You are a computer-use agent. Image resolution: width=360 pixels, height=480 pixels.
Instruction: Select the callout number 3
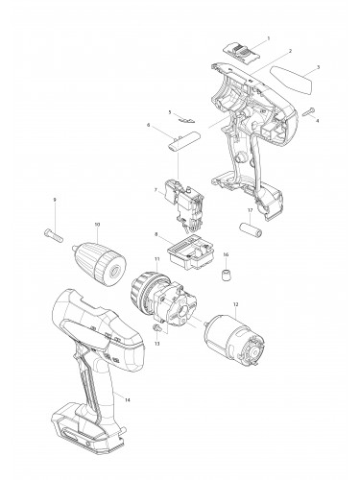click(x=318, y=69)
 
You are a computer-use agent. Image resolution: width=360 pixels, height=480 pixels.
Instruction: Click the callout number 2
click(x=289, y=50)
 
